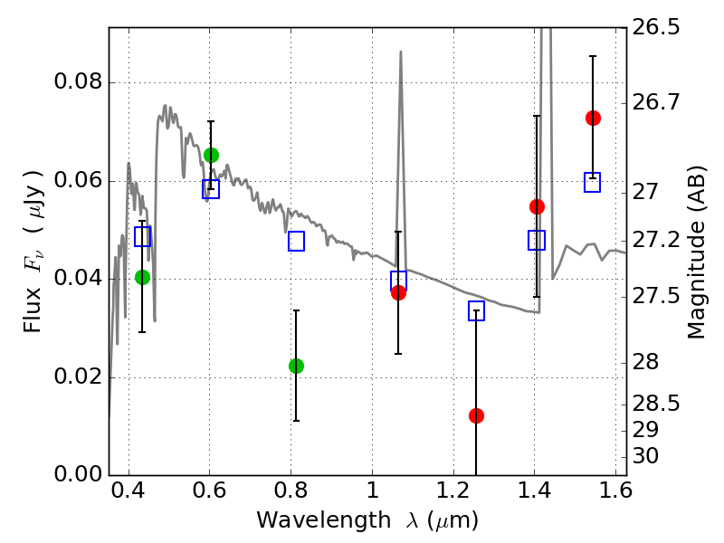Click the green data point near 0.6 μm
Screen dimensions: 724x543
[211, 155]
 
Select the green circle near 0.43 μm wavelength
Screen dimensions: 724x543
[142, 277]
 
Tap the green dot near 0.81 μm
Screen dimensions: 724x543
[296, 366]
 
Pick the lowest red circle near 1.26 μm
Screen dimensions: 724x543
[476, 415]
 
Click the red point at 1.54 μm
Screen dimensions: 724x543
[593, 119]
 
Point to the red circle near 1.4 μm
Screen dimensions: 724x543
[537, 206]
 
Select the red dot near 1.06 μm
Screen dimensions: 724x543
[398, 292]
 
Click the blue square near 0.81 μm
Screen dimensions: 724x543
[296, 241]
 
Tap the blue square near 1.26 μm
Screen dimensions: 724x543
[476, 310]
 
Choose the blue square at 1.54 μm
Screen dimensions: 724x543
[592, 183]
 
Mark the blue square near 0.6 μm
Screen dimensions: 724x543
[211, 189]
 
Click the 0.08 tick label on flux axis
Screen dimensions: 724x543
[78, 81]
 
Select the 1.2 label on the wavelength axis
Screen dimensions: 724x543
[453, 490]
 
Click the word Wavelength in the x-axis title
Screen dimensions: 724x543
[324, 519]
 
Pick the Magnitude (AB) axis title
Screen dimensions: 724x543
[696, 252]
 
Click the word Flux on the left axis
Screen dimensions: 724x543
[33, 310]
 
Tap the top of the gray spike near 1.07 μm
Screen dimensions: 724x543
[400, 52]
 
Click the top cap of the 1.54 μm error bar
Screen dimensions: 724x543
[593, 56]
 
